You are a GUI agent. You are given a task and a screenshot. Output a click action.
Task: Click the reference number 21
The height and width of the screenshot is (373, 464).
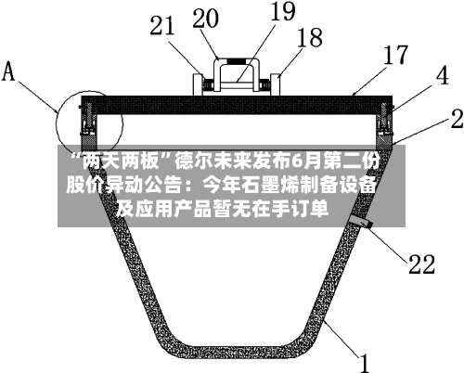[x=162, y=26]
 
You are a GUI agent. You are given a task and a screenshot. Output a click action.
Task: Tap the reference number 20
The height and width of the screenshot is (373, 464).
[x=205, y=19]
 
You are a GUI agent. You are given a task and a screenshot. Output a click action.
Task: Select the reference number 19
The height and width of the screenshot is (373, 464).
[x=283, y=11]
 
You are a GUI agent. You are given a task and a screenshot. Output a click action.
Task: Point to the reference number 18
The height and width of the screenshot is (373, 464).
[x=310, y=37]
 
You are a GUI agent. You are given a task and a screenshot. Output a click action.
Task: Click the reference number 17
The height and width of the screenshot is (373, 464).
[x=396, y=55]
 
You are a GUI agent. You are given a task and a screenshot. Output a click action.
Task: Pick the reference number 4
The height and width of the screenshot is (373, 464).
[x=443, y=76]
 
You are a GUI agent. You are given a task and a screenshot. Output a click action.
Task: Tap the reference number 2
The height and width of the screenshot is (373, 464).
[x=458, y=119]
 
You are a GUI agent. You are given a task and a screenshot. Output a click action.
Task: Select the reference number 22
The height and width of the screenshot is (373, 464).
[x=421, y=264]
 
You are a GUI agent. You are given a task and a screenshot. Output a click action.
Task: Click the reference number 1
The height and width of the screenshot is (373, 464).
[x=365, y=363]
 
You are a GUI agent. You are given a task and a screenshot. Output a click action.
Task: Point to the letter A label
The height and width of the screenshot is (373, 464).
[x=8, y=71]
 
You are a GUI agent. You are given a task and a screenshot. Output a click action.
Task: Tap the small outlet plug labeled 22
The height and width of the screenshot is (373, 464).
[x=361, y=222]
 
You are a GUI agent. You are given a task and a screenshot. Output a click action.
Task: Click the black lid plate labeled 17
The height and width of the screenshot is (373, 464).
[x=237, y=105]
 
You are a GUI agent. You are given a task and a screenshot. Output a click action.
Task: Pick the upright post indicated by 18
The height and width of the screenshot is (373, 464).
[x=276, y=84]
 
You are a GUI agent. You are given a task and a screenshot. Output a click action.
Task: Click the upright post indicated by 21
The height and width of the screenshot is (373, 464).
[x=198, y=84]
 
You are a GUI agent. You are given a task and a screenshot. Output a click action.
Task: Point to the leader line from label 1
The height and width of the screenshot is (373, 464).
[x=342, y=338]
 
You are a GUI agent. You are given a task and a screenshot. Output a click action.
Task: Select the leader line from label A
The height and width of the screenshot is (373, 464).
[x=38, y=96]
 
